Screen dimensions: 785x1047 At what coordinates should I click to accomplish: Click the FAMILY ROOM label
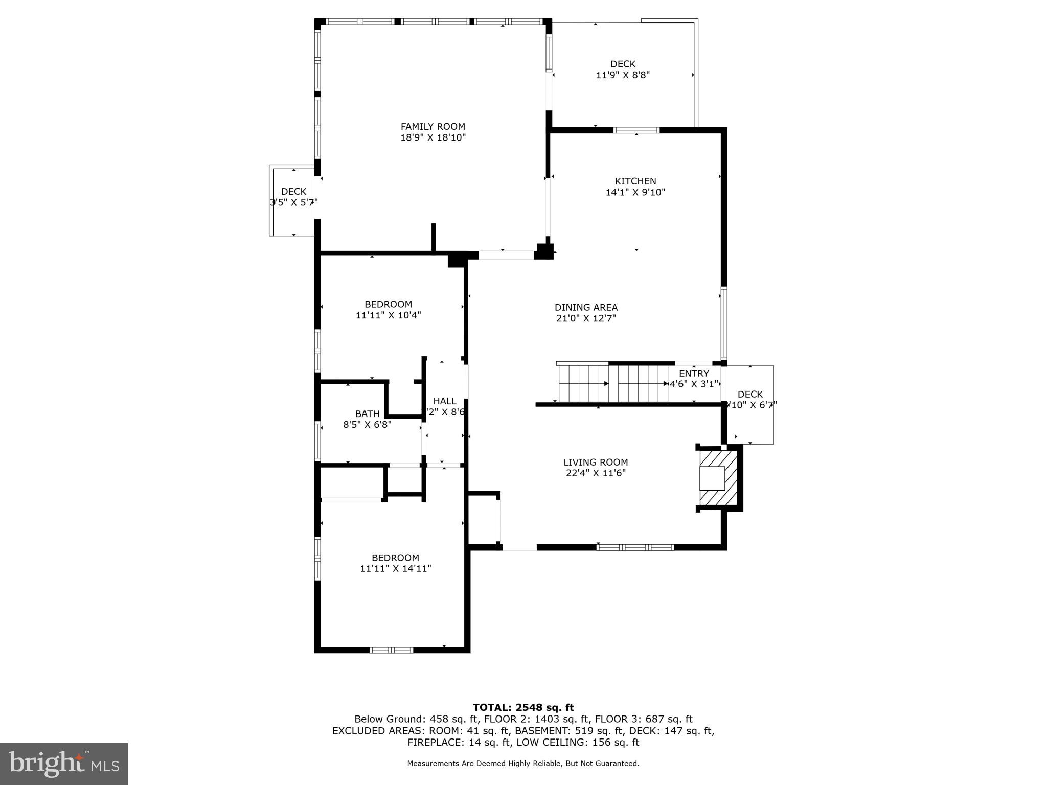433,127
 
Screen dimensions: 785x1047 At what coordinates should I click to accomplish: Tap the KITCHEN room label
635,181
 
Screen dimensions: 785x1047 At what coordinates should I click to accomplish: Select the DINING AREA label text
586,307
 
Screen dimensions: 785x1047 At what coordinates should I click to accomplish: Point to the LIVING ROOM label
596,462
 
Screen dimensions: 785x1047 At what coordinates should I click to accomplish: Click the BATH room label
367,413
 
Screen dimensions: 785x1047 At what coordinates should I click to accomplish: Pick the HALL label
444,401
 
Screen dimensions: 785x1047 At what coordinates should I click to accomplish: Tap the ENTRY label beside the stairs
694,373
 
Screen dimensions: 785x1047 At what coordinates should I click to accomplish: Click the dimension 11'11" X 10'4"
388,315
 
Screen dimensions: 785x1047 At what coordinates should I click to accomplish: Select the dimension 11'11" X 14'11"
395,568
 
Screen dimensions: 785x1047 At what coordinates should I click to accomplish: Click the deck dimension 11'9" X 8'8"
623,75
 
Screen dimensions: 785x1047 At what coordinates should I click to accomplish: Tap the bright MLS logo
64,764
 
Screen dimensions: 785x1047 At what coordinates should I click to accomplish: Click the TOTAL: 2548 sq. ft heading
523,707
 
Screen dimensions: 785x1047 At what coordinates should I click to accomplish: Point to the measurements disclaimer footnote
523,764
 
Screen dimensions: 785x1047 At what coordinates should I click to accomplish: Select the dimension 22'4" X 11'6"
596,473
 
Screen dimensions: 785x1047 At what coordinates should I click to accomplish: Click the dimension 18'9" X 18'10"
433,137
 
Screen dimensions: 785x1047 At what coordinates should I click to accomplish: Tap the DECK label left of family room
293,191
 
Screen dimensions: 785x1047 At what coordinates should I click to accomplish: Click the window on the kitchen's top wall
636,130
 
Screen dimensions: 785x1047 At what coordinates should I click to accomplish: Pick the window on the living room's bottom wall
635,547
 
